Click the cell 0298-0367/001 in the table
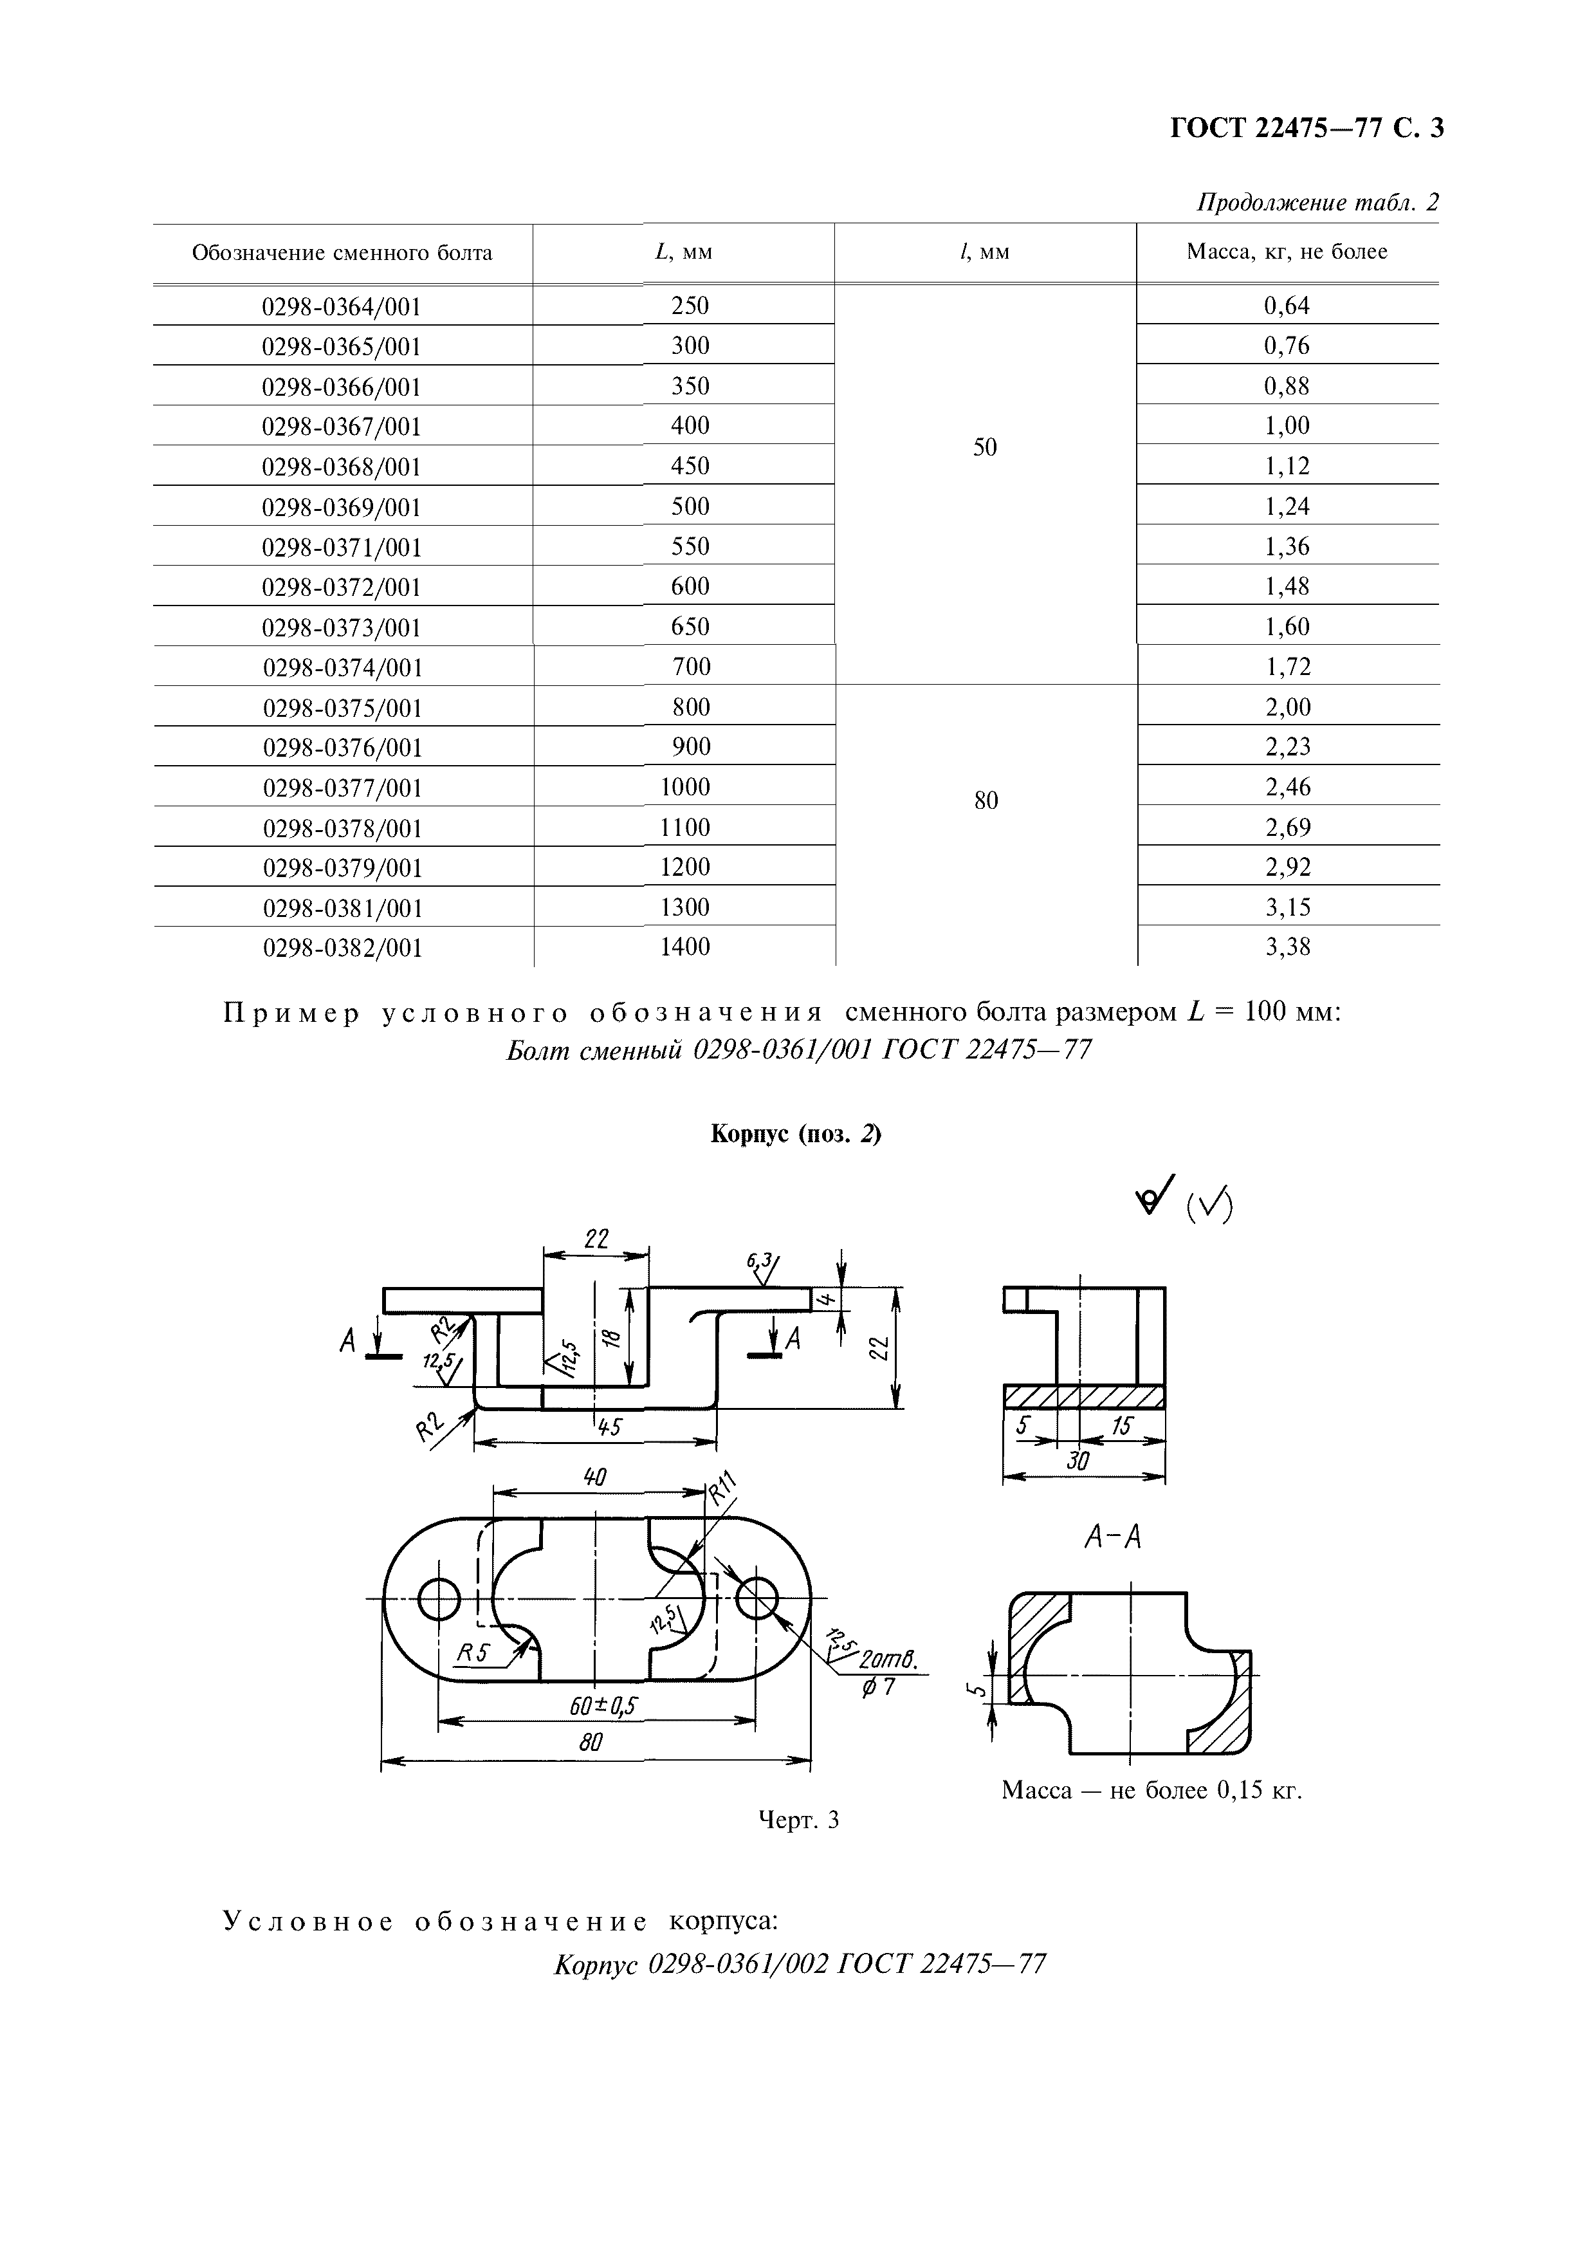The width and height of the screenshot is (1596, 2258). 341,427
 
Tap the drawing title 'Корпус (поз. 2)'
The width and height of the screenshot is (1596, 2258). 796,1134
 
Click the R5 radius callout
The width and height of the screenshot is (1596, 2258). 472,1653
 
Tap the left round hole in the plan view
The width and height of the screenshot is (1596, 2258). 439,1600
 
